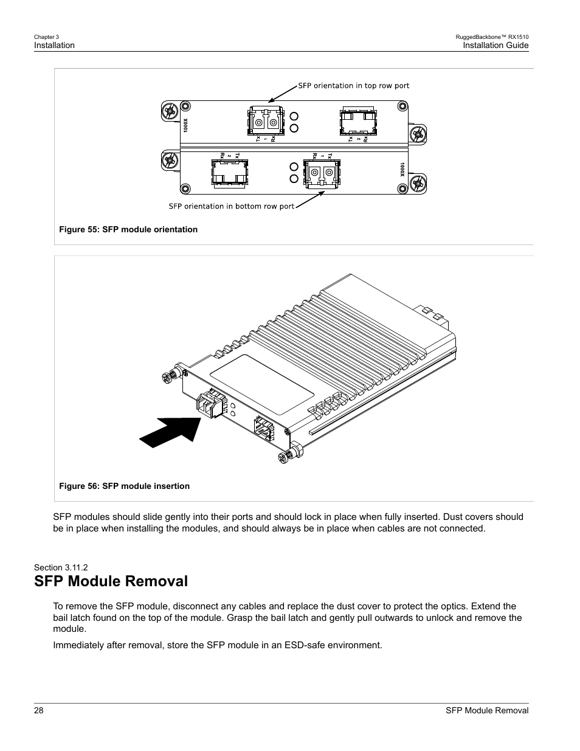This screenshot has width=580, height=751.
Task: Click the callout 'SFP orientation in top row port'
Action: tap(353, 86)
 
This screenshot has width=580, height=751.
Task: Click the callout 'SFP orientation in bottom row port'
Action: tap(231, 206)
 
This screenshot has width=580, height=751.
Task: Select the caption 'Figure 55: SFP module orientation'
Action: tap(128, 229)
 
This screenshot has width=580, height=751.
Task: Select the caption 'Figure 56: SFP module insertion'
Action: tap(124, 486)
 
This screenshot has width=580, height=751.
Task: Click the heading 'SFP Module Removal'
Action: tap(111, 581)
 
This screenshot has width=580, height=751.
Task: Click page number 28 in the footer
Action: tap(39, 711)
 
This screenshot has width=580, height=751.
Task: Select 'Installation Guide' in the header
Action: tap(495, 46)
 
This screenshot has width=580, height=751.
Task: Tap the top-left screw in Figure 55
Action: tap(170, 111)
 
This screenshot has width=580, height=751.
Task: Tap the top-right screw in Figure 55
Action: tap(402, 106)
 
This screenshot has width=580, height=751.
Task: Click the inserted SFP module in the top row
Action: tap(264, 121)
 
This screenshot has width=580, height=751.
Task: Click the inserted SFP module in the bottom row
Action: tap(322, 173)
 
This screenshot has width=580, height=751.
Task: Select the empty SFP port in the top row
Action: tap(357, 122)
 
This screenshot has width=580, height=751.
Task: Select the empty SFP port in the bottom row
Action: tap(229, 172)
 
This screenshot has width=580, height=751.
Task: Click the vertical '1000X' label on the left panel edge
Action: tap(186, 126)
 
